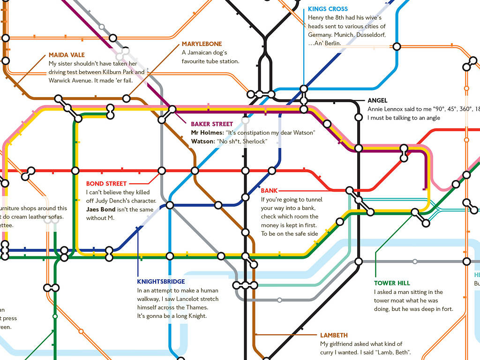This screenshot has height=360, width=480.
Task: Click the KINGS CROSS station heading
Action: pos(328,9)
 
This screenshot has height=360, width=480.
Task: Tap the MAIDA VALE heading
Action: pos(67,55)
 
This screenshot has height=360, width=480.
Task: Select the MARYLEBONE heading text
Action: pos(202,44)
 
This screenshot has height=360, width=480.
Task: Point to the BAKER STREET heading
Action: pos(212,124)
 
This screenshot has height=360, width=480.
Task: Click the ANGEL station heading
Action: pos(377,100)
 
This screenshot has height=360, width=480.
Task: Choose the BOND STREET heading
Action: pos(106,184)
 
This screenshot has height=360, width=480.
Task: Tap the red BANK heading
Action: pos(269,191)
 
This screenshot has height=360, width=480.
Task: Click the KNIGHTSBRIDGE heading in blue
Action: pos(161,282)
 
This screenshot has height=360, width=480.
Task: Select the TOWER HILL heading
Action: pos(392,283)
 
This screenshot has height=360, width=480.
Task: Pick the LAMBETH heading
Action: pos(334,335)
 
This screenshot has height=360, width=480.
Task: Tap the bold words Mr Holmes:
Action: pos(207,133)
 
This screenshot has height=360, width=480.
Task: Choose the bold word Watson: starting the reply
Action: pos(202,141)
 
